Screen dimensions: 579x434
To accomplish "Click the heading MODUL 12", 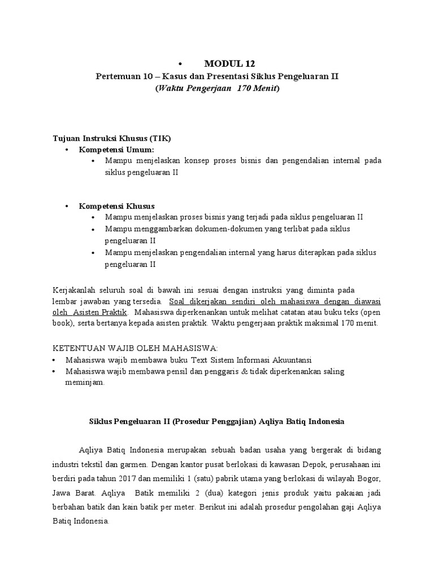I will [226, 63].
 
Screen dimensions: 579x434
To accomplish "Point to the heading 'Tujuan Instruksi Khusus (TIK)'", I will [112, 138].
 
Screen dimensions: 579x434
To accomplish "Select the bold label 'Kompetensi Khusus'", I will [116, 205].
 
